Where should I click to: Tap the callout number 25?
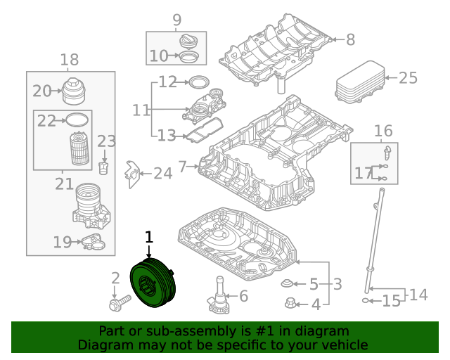408,78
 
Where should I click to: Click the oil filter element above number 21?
79,150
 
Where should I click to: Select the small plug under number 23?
105,169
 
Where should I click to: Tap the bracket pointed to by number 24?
131,174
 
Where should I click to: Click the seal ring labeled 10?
188,56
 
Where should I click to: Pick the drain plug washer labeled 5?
287,283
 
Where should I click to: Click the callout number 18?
70,60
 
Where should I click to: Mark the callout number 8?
350,40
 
